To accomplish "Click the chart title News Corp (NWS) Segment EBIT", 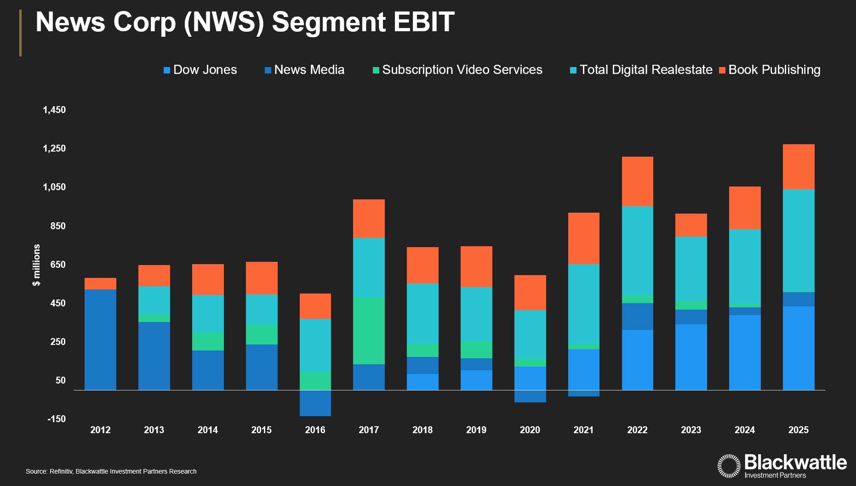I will [x=245, y=22].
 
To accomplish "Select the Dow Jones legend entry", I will [x=200, y=70].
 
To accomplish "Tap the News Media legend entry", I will [x=304, y=70].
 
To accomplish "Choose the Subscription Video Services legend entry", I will [x=457, y=70].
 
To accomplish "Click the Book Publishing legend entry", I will [x=770, y=70].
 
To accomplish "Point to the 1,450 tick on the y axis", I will [x=54, y=110].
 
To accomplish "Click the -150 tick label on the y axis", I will [x=57, y=419].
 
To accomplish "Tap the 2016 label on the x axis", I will [x=315, y=430].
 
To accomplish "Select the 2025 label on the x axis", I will [x=799, y=430].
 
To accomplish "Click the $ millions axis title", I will [x=36, y=265].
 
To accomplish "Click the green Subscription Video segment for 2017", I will [x=369, y=331].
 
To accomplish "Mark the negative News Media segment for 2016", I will [x=315, y=403].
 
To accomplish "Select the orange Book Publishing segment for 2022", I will [x=637, y=181].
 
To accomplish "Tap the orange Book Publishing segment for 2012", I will [x=100, y=283].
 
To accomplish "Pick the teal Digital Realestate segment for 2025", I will [x=799, y=240].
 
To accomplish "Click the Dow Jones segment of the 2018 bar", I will [x=422, y=382].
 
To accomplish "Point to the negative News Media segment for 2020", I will [x=530, y=396].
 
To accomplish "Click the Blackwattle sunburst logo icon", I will [x=729, y=466].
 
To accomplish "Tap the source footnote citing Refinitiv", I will [x=111, y=471].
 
